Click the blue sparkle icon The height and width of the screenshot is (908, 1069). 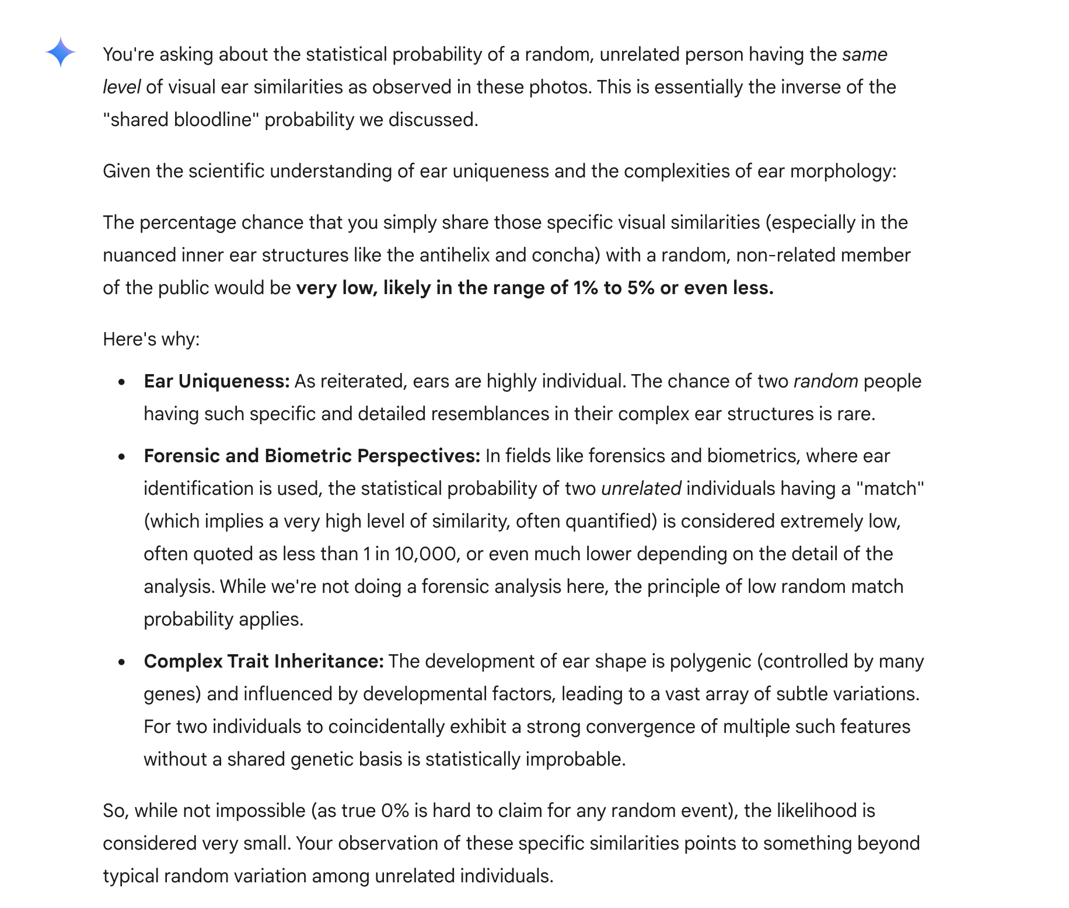[61, 53]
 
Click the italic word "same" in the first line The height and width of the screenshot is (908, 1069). [864, 54]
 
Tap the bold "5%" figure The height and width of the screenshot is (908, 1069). [641, 288]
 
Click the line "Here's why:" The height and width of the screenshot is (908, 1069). [151, 339]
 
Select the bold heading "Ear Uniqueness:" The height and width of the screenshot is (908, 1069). [216, 381]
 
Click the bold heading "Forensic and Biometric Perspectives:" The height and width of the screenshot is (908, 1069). [312, 456]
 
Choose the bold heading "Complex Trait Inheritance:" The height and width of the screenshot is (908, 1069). [264, 661]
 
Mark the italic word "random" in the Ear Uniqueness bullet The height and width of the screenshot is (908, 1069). [825, 381]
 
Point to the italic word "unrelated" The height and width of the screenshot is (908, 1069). [641, 488]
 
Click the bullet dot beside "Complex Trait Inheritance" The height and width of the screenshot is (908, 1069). [121, 662]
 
